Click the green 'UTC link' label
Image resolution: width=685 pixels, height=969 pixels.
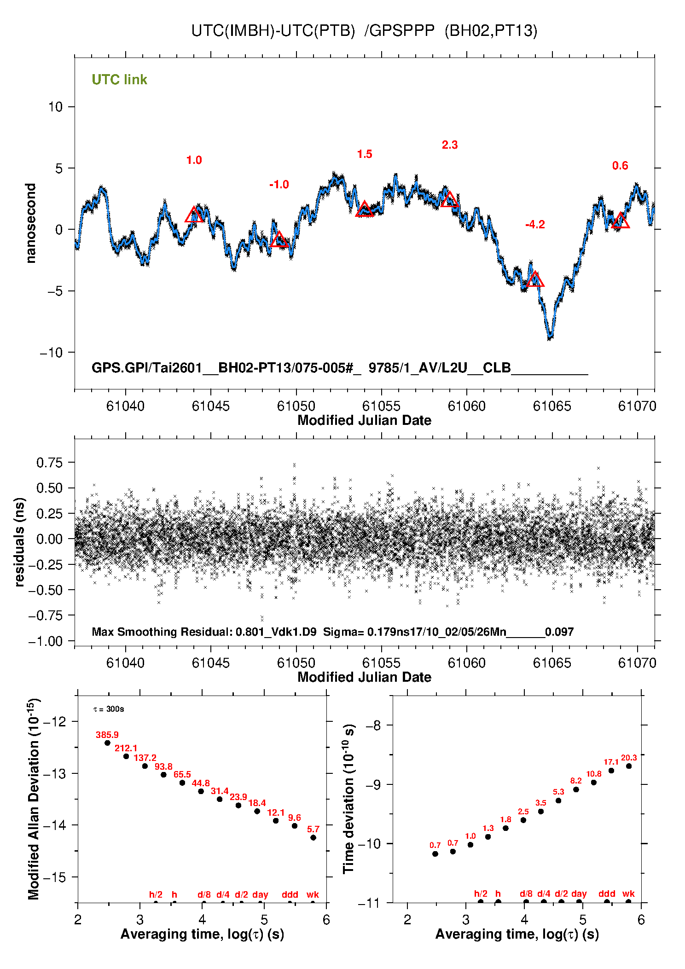click(119, 80)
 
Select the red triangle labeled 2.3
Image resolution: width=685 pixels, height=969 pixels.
click(450, 200)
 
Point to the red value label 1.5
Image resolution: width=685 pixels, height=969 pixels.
click(364, 154)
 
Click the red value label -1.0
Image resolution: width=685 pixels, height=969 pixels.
click(279, 185)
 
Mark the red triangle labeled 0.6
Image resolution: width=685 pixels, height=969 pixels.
click(620, 221)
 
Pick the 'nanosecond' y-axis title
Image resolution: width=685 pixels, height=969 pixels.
click(30, 223)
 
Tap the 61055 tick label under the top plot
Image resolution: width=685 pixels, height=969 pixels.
click(381, 406)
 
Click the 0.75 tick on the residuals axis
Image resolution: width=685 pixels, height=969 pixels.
click(49, 462)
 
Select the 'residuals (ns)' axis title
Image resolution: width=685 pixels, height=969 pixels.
click(19, 542)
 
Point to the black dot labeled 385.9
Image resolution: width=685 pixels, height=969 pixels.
click(108, 743)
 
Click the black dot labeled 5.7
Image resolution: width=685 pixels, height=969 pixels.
click(313, 837)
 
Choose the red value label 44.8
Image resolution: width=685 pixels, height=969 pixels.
click(201, 783)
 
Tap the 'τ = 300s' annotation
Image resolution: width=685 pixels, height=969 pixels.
click(109, 709)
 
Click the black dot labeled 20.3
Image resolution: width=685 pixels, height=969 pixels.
click(629, 766)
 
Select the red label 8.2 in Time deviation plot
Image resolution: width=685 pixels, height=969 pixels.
click(576, 781)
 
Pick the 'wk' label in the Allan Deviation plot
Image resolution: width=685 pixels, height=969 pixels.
click(313, 894)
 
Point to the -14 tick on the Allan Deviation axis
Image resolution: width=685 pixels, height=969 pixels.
click(55, 825)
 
